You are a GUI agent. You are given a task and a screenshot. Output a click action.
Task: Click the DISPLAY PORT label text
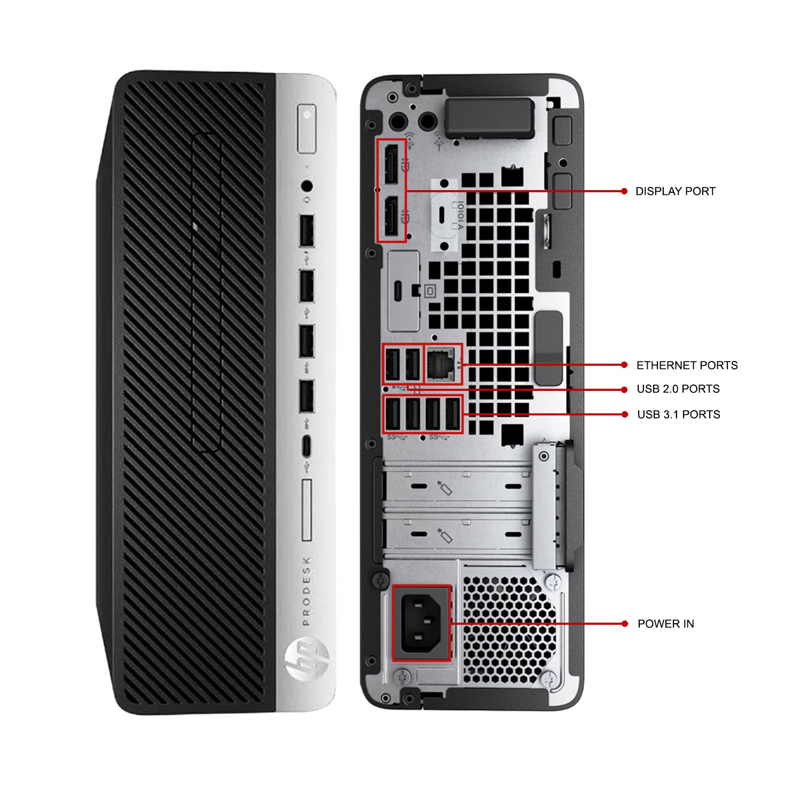pyautogui.click(x=675, y=191)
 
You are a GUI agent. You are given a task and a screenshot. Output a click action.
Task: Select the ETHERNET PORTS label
pyautogui.click(x=687, y=365)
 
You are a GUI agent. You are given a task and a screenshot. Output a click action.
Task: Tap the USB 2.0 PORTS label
pyautogui.click(x=678, y=389)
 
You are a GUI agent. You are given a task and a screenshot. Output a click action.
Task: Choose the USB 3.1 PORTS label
pyautogui.click(x=678, y=414)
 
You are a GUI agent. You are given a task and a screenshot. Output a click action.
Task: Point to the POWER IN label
pyautogui.click(x=665, y=624)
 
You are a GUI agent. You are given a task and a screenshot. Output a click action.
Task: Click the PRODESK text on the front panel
pyautogui.click(x=306, y=591)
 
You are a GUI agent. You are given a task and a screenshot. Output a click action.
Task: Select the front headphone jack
pyautogui.click(x=307, y=186)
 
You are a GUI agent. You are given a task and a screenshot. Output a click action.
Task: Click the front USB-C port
pyautogui.click(x=306, y=446)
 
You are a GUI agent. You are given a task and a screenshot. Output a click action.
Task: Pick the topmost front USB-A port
pyautogui.click(x=307, y=230)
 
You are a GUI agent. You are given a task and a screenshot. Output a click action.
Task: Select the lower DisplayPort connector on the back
pyautogui.click(x=391, y=216)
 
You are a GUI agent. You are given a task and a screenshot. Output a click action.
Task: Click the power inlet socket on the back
pyautogui.click(x=421, y=623)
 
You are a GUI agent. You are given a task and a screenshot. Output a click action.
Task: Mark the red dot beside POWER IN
pyautogui.click(x=624, y=624)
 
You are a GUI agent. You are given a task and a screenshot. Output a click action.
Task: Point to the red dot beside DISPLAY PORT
pyautogui.click(x=624, y=191)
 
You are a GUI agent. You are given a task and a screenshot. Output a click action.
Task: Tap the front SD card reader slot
pyautogui.click(x=307, y=510)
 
